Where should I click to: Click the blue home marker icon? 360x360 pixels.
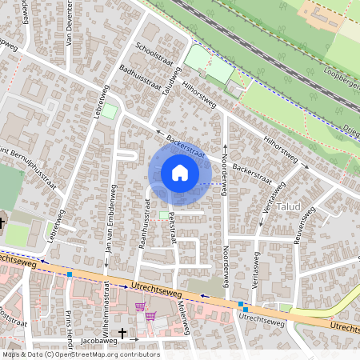point(180,173)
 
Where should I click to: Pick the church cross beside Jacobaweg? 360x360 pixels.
point(122,333)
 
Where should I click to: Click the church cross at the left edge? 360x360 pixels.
point(2,224)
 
